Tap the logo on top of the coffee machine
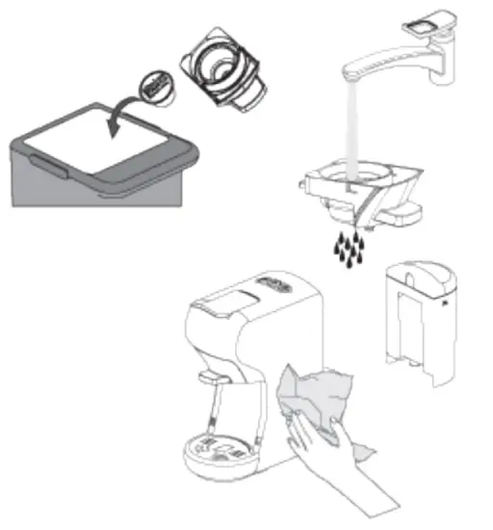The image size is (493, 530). point(274,285)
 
